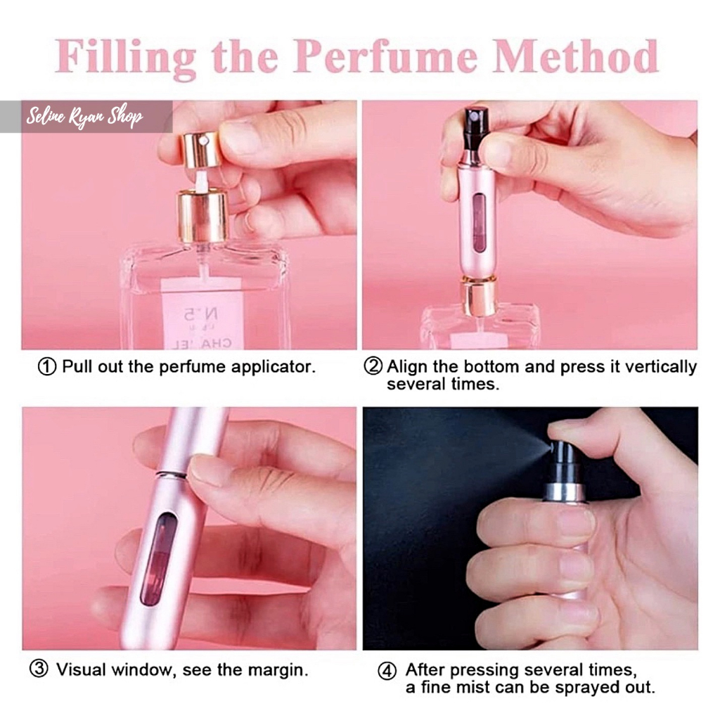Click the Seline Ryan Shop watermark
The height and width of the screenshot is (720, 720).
pos(84,117)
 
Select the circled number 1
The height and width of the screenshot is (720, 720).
pos(47,367)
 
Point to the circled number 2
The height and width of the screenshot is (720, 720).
pos(373,366)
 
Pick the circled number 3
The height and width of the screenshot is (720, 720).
pos(39,669)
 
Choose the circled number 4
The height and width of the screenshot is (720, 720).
pos(387,671)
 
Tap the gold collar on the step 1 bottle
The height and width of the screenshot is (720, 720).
pos(202,217)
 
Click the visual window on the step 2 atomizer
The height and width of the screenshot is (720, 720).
pos(478,223)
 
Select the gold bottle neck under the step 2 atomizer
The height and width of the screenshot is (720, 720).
pos(478,296)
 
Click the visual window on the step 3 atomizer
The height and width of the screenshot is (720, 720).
pos(158,559)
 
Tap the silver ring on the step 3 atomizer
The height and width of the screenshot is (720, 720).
pos(171,475)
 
